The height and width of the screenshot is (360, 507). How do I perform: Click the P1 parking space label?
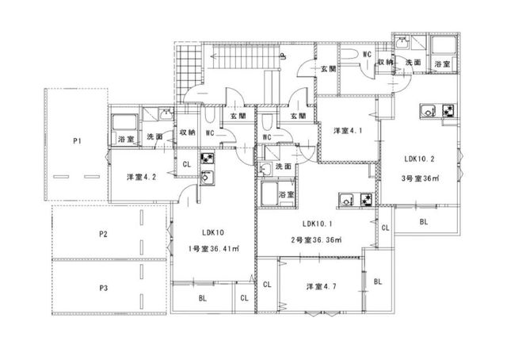click(77, 141)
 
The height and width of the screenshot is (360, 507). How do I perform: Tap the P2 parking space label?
click(103, 234)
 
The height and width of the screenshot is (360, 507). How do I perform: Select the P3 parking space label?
click(104, 288)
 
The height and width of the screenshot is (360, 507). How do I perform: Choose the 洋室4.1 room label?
click(348, 131)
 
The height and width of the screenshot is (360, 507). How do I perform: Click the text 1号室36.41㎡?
click(214, 249)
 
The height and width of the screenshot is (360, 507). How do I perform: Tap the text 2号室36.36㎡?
click(317, 240)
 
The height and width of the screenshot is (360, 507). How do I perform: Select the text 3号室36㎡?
click(421, 178)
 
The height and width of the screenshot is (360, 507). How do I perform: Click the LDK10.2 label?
click(419, 159)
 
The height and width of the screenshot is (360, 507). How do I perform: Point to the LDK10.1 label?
click(317, 224)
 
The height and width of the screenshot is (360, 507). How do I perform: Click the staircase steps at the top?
click(246, 56)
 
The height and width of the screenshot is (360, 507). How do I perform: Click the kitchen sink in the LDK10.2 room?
click(429, 111)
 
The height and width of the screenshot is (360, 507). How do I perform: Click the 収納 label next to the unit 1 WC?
click(188, 132)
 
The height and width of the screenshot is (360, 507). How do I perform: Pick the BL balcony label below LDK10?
click(203, 298)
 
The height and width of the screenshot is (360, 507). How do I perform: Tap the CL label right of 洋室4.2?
click(187, 164)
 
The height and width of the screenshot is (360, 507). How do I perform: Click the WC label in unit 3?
click(367, 54)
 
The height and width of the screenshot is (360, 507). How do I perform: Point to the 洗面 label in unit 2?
click(284, 167)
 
